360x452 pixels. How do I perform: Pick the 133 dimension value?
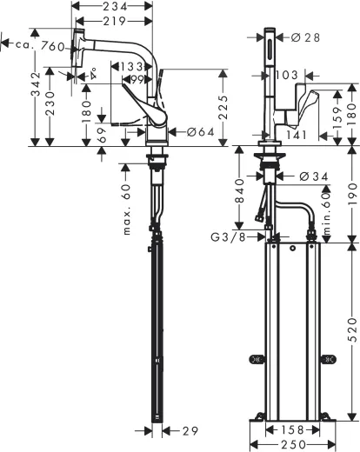pyautogui.click(x=132, y=66)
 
